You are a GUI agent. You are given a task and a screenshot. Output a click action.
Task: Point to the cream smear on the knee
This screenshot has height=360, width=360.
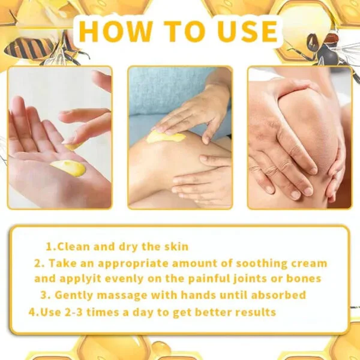166,137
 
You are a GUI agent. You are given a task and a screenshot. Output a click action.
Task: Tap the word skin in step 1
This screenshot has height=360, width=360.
175,247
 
